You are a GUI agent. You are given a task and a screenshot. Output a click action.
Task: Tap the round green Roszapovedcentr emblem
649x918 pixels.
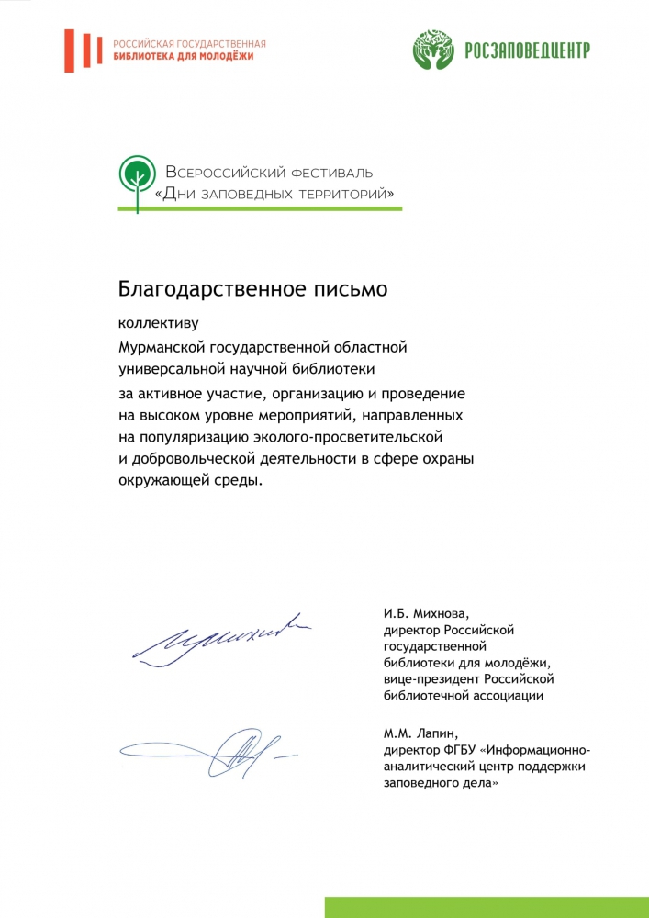[x=433, y=50]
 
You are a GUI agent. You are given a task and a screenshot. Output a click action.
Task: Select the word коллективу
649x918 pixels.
[x=158, y=323]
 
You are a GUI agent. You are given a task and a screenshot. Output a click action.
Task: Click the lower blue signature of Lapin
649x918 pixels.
[x=225, y=753]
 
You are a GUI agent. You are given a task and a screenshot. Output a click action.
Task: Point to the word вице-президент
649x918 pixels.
[x=434, y=679]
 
